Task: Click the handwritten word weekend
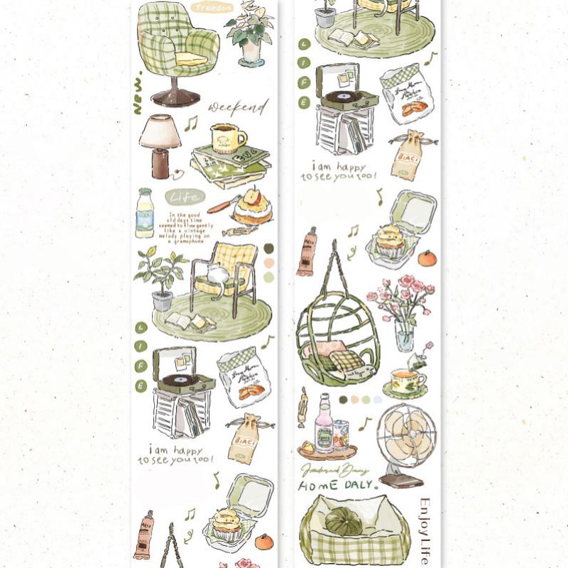click(x=238, y=108)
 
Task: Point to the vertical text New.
click(x=138, y=92)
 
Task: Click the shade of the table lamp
click(x=160, y=132)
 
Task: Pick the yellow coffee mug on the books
click(x=227, y=137)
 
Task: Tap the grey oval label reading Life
click(x=185, y=197)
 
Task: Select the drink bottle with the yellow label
click(x=145, y=213)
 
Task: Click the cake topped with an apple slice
click(x=252, y=207)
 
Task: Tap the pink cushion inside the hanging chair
click(x=330, y=348)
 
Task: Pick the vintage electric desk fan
click(x=407, y=440)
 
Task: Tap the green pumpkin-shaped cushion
click(x=344, y=523)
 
